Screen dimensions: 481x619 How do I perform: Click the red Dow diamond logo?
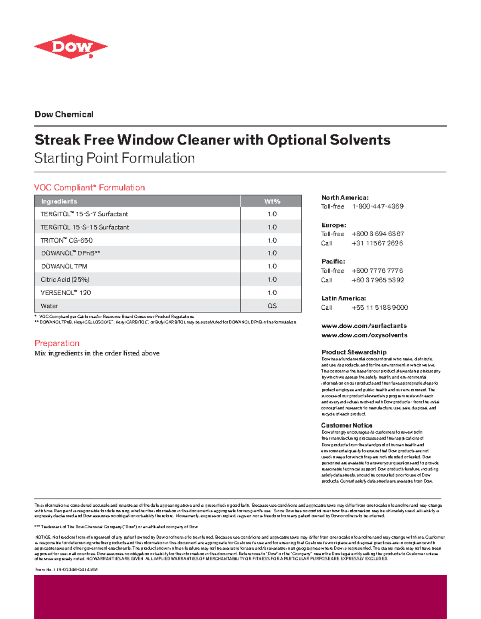pos(71,47)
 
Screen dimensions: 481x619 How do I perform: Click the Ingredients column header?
pos(59,201)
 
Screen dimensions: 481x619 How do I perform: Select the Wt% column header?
pos(272,201)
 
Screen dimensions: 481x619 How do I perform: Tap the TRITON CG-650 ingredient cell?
pos(67,240)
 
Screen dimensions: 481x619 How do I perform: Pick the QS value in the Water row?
pos(272,306)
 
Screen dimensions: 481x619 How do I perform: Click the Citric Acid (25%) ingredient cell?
pos(65,280)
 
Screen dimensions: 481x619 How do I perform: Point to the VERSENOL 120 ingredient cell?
pos(66,293)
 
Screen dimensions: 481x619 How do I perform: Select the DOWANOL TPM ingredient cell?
pos(64,266)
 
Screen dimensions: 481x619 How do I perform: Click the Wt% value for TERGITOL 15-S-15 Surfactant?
pos(272,227)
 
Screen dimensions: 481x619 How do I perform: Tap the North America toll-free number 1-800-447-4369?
pos(378,206)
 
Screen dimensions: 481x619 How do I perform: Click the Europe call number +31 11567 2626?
pos(377,243)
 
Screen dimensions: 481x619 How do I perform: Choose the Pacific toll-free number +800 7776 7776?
pos(377,271)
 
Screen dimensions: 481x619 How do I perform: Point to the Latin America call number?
pos(380,308)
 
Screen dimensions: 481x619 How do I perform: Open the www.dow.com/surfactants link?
pos(364,326)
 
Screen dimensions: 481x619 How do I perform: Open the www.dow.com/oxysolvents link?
pos(364,335)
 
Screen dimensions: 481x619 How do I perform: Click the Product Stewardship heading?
pos(354,352)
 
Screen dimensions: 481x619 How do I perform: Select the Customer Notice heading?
pos(347,425)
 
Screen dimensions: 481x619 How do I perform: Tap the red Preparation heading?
pos(57,343)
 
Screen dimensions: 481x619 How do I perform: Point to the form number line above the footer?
pos(67,570)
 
